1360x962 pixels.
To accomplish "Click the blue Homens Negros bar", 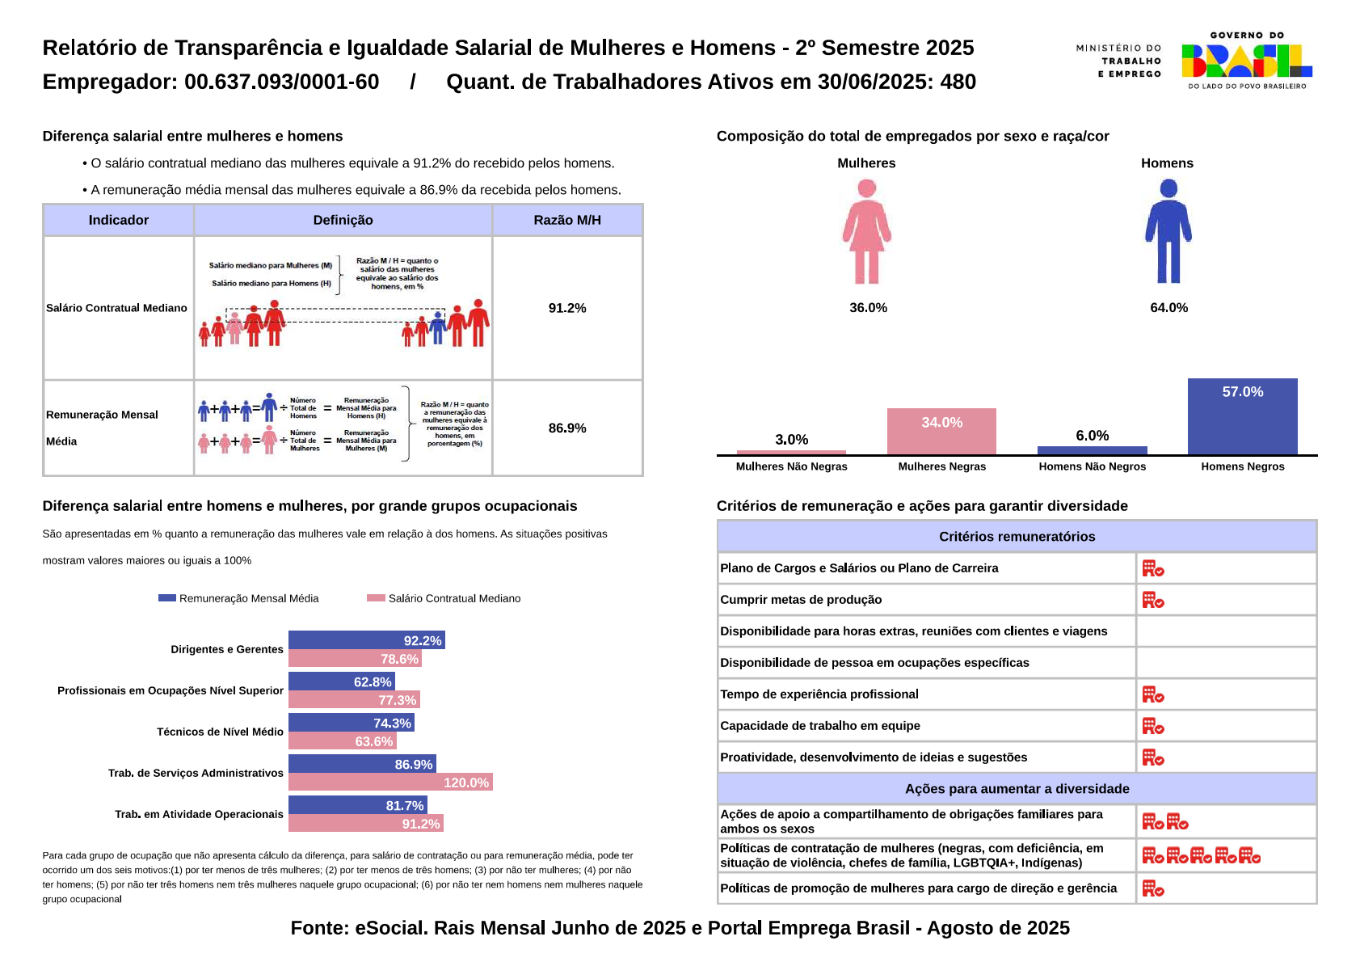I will pyautogui.click(x=1242, y=416).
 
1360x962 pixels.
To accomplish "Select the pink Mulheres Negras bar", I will pyautogui.click(x=941, y=432).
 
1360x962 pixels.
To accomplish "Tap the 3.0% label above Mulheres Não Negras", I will pyautogui.click(x=791, y=440).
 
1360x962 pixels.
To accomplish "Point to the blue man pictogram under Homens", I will pyautogui.click(x=1168, y=231).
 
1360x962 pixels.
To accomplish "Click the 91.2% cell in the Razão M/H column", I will pyautogui.click(x=567, y=308).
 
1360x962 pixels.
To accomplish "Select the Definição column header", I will pyautogui.click(x=343, y=220).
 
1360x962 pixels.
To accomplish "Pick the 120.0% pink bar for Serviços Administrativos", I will pyautogui.click(x=390, y=783).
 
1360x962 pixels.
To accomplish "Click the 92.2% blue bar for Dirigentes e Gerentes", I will pyautogui.click(x=366, y=640).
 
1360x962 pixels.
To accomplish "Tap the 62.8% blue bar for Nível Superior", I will pyautogui.click(x=341, y=681).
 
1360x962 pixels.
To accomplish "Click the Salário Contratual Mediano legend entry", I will pyautogui.click(x=444, y=598).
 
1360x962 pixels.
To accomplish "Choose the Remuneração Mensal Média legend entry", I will pyautogui.click(x=239, y=598).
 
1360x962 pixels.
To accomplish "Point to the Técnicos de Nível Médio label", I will pyautogui.click(x=220, y=732).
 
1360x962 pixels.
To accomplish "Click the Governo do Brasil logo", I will pyautogui.click(x=1245, y=61).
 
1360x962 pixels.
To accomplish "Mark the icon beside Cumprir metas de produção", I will pyautogui.click(x=1152, y=600).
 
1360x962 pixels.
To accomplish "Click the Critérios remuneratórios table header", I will pyautogui.click(x=1017, y=537).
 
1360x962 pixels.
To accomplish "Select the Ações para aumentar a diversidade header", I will pyautogui.click(x=1017, y=789).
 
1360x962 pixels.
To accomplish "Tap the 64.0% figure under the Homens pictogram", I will pyautogui.click(x=1168, y=308).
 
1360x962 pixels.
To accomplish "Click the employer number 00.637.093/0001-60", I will pyautogui.click(x=281, y=82).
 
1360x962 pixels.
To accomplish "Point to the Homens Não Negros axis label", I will pyautogui.click(x=1092, y=466).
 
